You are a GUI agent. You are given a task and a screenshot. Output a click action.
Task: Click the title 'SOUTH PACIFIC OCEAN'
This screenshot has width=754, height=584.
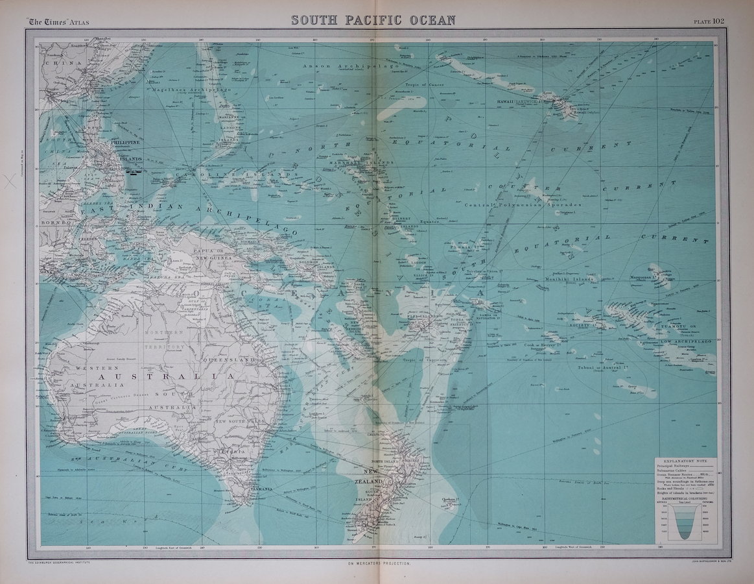click(x=373, y=20)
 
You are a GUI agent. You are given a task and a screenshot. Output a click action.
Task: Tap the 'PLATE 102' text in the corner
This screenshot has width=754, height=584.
click(x=709, y=21)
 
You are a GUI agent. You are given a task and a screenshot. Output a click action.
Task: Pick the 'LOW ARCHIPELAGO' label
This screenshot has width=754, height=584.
click(x=687, y=341)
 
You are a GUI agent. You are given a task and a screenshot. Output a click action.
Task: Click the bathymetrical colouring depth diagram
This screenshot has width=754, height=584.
click(x=686, y=522)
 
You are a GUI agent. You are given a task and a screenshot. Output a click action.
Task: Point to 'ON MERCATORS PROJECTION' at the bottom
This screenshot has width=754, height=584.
click(x=379, y=564)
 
